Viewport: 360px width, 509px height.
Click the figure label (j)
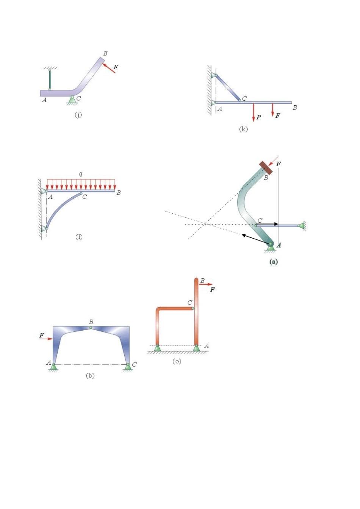pos(78,115)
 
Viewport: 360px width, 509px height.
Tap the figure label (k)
pos(243,129)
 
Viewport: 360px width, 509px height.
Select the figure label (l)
pos(79,237)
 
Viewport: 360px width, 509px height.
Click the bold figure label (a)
pos(273,261)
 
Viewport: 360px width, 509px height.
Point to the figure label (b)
pos(90,376)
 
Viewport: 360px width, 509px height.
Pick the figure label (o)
pos(177,361)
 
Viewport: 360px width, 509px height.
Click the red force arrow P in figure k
pos(254,112)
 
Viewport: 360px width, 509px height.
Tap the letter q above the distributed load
pos(80,174)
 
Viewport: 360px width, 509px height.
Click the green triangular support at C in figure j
pos(72,100)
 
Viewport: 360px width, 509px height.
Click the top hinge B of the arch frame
pos(91,327)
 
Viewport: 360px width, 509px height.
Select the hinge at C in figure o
pos(193,308)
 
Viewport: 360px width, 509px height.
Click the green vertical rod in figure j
pos(50,79)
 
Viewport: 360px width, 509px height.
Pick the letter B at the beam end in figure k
pos(295,108)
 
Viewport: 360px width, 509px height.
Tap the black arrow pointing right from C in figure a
pos(268,224)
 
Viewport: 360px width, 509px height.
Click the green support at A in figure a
pos(271,247)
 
